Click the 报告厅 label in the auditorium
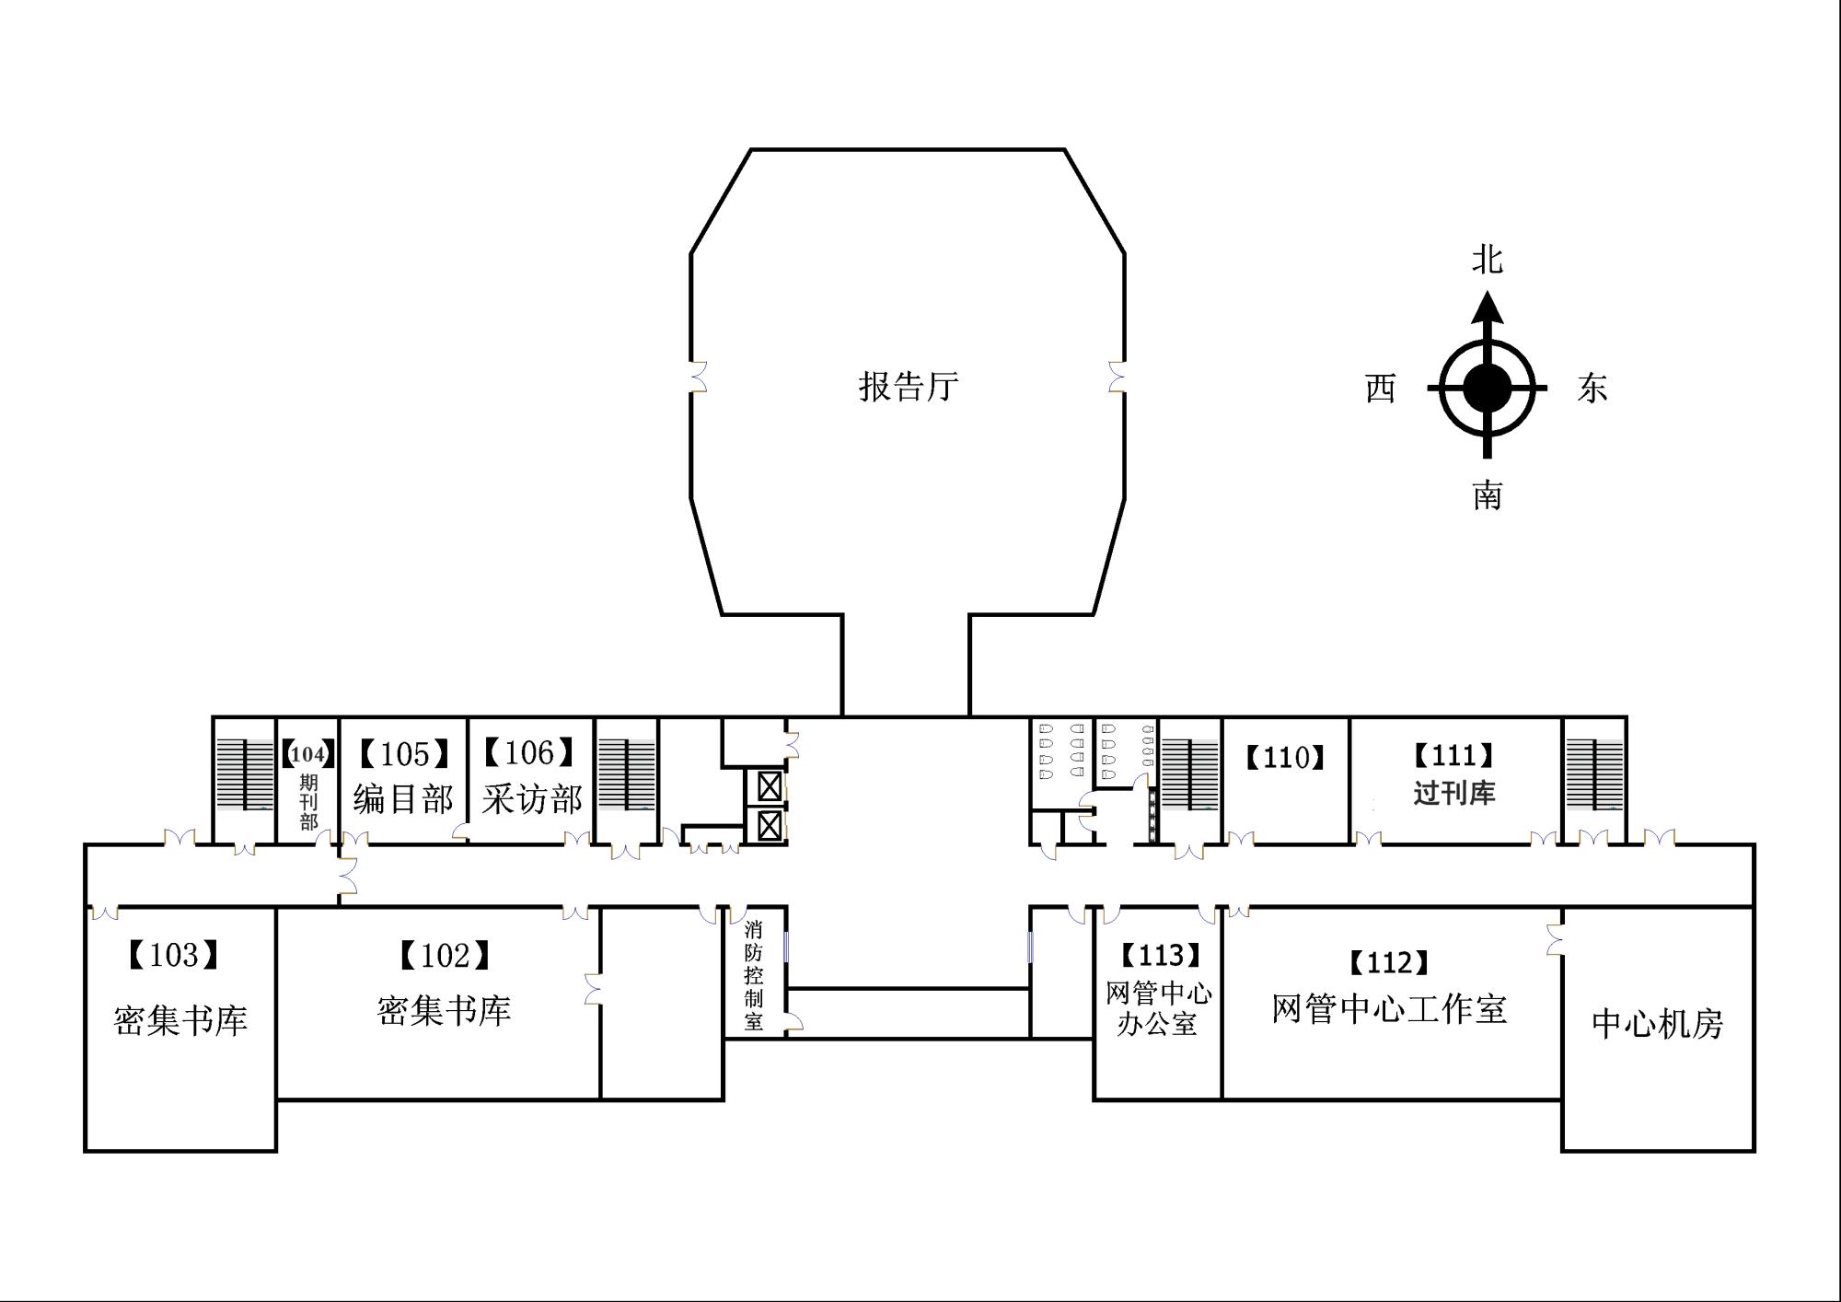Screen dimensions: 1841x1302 pyautogui.click(x=909, y=386)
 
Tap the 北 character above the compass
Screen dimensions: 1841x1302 pyautogui.click(x=1487, y=260)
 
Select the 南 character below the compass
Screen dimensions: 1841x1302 pyautogui.click(x=1487, y=495)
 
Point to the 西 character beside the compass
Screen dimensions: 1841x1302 pyautogui.click(x=1380, y=389)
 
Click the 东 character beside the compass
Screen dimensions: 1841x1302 pyautogui.click(x=1592, y=388)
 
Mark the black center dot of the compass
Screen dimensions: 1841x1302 pyautogui.click(x=1487, y=388)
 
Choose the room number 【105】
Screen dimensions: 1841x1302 pyautogui.click(x=404, y=754)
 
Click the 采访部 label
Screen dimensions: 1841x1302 pyautogui.click(x=532, y=798)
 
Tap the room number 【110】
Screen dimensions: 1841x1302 pyautogui.click(x=1285, y=758)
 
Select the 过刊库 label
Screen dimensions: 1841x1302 pyautogui.click(x=1454, y=792)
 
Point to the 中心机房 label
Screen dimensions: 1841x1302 pyautogui.click(x=1658, y=1024)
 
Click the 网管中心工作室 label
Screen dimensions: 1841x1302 pyautogui.click(x=1390, y=1009)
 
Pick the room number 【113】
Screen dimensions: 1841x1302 pyautogui.click(x=1161, y=956)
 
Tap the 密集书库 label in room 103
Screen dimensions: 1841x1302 pyautogui.click(x=180, y=1020)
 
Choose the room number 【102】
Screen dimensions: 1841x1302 pyautogui.click(x=445, y=956)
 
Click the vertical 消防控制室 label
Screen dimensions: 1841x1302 pyautogui.click(x=754, y=975)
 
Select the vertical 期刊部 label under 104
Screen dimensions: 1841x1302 pyautogui.click(x=308, y=801)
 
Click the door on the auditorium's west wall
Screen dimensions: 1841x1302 pyautogui.click(x=698, y=377)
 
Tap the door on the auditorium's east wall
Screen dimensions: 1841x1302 pyautogui.click(x=1117, y=377)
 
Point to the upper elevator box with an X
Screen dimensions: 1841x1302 pyautogui.click(x=770, y=786)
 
